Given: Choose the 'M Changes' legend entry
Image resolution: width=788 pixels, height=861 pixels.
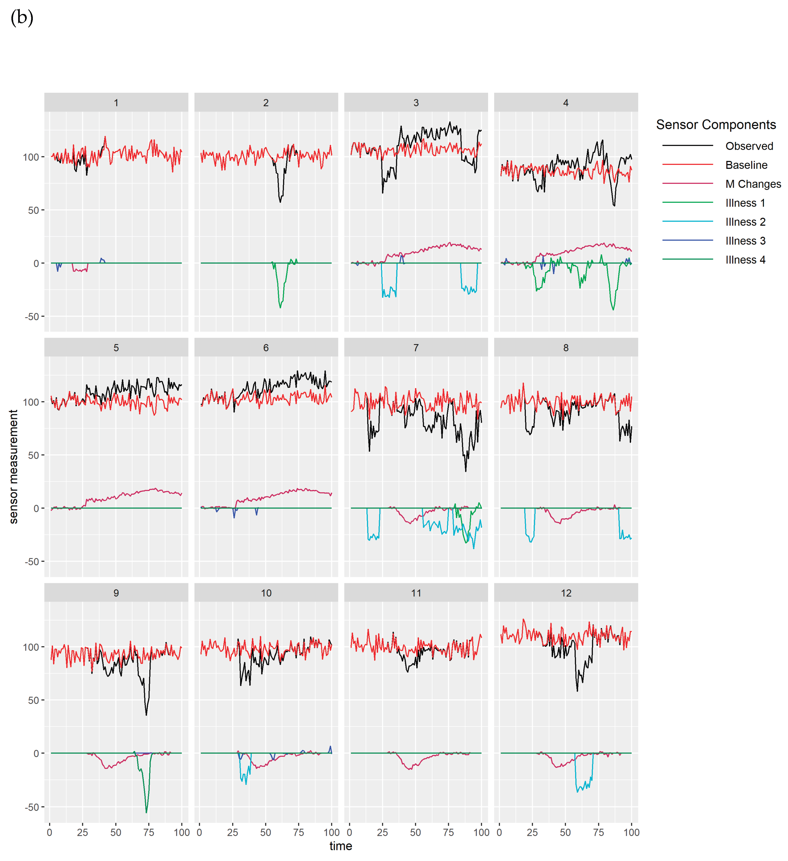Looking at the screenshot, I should click(x=753, y=184).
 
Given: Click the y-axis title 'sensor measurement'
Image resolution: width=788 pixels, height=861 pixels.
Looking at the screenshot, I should click(x=14, y=466).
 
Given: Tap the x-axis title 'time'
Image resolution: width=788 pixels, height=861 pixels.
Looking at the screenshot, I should click(x=341, y=846).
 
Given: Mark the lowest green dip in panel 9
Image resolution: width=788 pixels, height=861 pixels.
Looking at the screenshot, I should click(x=146, y=812).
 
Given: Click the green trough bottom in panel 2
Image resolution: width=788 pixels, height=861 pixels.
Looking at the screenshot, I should click(x=280, y=307).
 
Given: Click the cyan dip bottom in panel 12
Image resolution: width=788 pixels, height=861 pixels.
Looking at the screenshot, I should click(x=577, y=792).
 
